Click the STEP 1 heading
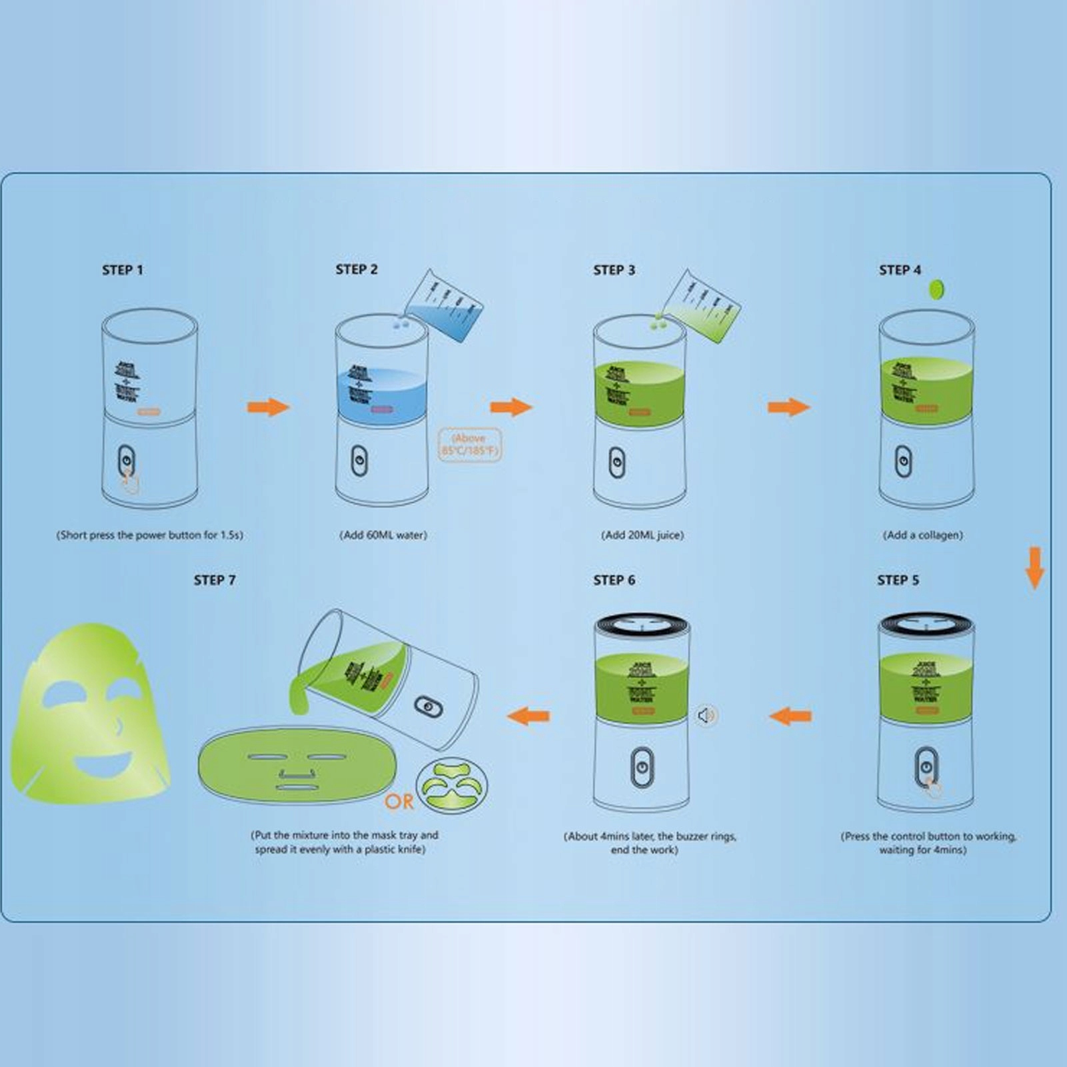click(123, 270)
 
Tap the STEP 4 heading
click(900, 270)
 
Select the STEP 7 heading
click(215, 580)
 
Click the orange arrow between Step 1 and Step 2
click(268, 407)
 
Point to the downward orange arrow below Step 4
click(1034, 568)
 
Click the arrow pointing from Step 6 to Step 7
click(529, 716)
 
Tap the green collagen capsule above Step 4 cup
click(936, 289)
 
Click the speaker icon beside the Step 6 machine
click(706, 716)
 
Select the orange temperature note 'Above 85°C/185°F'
click(469, 445)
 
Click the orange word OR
click(399, 802)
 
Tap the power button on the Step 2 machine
click(359, 461)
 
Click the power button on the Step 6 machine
click(641, 767)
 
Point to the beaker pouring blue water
click(445, 307)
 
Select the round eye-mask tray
click(452, 785)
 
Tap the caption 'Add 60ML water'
click(383, 534)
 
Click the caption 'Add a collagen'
click(922, 534)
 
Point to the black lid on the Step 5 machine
click(926, 625)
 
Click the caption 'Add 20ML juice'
click(642, 534)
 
